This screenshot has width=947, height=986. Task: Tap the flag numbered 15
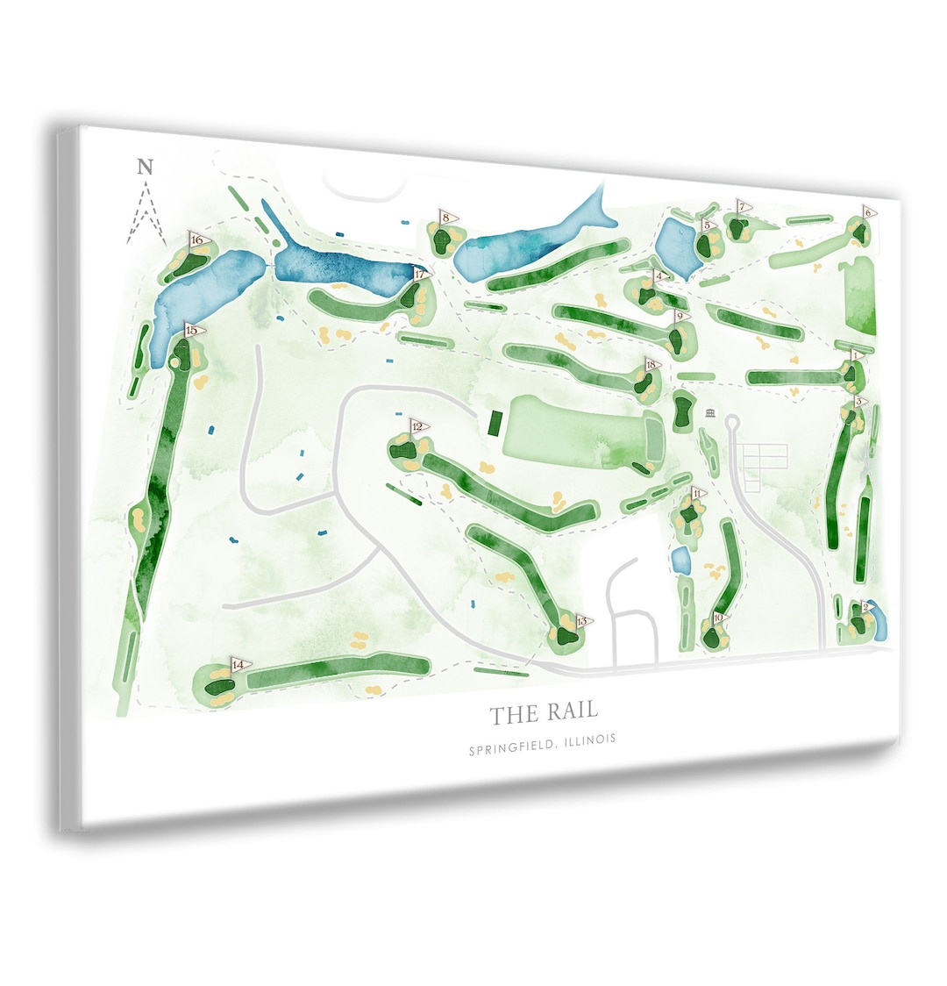pyautogui.click(x=194, y=331)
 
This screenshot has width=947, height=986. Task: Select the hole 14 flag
pyautogui.click(x=239, y=665)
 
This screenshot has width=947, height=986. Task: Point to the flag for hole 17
pyautogui.click(x=422, y=275)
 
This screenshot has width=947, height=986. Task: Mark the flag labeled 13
pyautogui.click(x=583, y=622)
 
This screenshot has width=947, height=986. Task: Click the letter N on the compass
pyautogui.click(x=146, y=168)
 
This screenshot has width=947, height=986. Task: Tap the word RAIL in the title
pyautogui.click(x=571, y=712)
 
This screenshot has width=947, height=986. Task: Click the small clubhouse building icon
pyautogui.click(x=710, y=413)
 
